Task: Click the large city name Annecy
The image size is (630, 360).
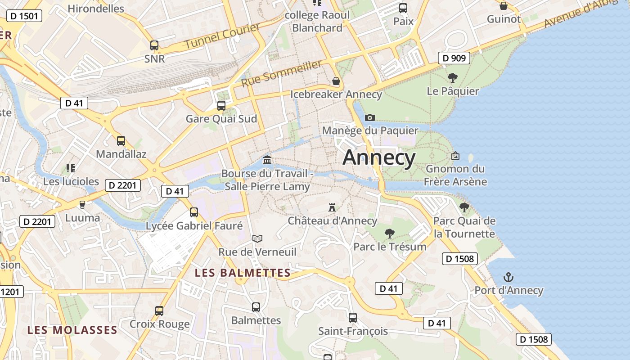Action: pyautogui.click(x=379, y=157)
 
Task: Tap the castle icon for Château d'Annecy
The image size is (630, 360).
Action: pyautogui.click(x=333, y=207)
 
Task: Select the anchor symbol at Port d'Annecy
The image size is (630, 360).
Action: pyautogui.click(x=508, y=277)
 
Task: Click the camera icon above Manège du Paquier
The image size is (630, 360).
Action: pyautogui.click(x=370, y=117)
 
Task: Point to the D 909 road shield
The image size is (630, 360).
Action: pyautogui.click(x=454, y=58)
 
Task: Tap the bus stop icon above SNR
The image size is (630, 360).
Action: pyautogui.click(x=154, y=45)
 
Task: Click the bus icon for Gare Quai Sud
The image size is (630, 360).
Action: pyautogui.click(x=221, y=106)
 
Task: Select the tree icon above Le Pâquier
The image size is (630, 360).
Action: pyautogui.click(x=453, y=77)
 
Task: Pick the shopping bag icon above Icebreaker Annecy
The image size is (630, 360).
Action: pyautogui.click(x=336, y=81)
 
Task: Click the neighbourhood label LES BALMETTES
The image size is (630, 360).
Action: pyautogui.click(x=243, y=273)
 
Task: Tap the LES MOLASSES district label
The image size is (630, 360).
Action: pyautogui.click(x=72, y=330)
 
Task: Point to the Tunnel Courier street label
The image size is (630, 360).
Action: pyautogui.click(x=222, y=36)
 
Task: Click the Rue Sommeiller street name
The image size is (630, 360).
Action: pyautogui.click(x=282, y=74)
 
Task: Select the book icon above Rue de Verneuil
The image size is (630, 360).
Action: pyautogui.click(x=257, y=238)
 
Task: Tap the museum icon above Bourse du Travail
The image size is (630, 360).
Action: pyautogui.click(x=267, y=160)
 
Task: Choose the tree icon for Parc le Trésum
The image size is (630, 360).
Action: pyautogui.click(x=390, y=233)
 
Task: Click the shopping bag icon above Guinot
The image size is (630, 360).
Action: pyautogui.click(x=504, y=6)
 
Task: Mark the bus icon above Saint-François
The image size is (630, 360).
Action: pyautogui.click(x=353, y=318)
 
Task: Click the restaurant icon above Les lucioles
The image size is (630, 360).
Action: pyautogui.click(x=71, y=168)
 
